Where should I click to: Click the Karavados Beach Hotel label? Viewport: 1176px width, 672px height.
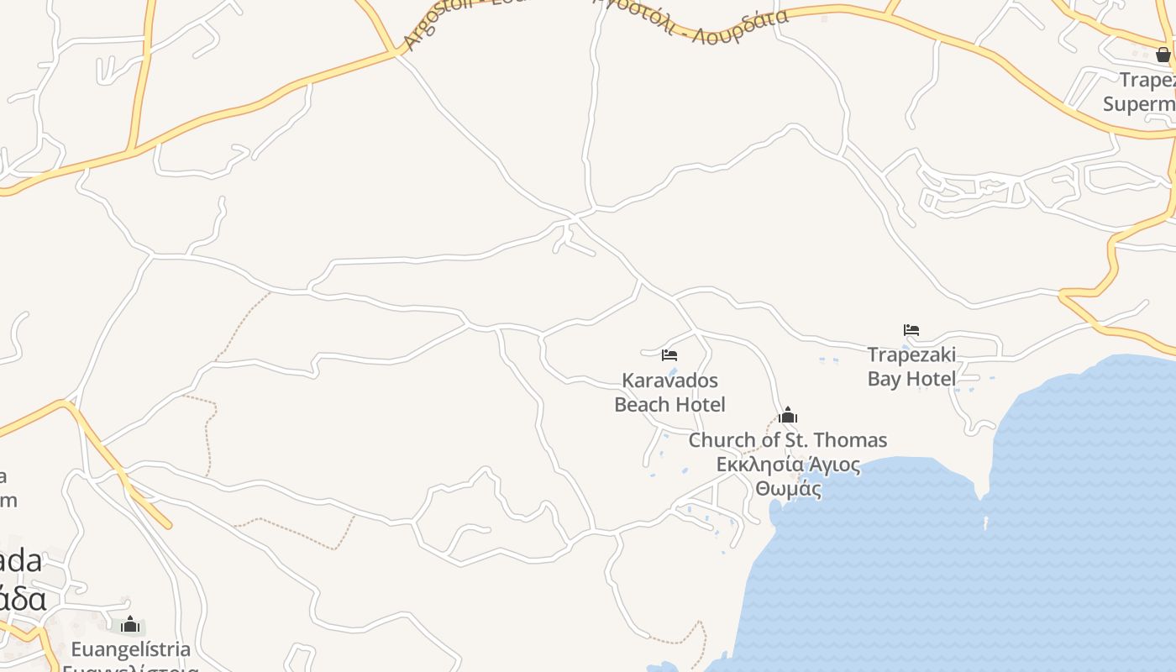(x=669, y=392)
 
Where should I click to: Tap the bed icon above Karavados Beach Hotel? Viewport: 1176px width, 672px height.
(x=669, y=355)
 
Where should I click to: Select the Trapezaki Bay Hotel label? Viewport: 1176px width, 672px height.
(x=911, y=366)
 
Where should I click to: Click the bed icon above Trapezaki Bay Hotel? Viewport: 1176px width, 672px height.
(x=911, y=330)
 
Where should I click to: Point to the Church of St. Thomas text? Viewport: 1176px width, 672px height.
(x=787, y=440)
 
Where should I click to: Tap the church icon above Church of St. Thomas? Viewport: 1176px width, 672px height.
(x=788, y=415)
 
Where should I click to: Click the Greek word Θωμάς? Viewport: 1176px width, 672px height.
(x=788, y=488)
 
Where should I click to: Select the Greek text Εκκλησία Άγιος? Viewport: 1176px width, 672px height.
(x=788, y=465)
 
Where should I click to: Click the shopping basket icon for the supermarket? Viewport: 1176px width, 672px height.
(x=1163, y=55)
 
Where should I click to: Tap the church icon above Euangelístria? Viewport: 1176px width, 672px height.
(x=130, y=624)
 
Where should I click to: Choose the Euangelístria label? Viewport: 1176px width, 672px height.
(x=130, y=649)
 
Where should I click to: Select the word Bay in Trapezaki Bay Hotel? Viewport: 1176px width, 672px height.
(x=884, y=379)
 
